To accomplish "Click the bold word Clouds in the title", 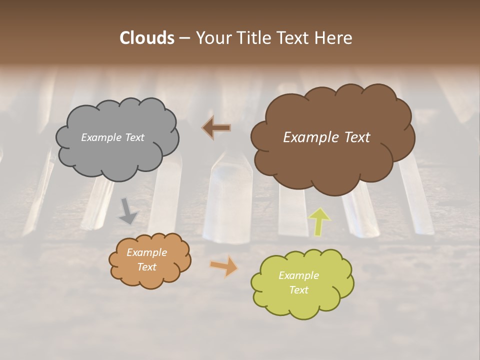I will pyautogui.click(x=146, y=38).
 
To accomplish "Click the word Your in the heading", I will pyautogui.click(x=213, y=38).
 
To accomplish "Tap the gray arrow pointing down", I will pyautogui.click(x=128, y=210).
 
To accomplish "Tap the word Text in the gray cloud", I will pyautogui.click(x=134, y=137).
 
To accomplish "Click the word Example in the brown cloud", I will pyautogui.click(x=311, y=137).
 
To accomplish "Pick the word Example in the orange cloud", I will pyautogui.click(x=147, y=252).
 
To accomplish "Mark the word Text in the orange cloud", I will pyautogui.click(x=147, y=267).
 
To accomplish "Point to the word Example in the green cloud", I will pyautogui.click(x=298, y=275).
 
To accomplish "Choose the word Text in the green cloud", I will pyautogui.click(x=298, y=290).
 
